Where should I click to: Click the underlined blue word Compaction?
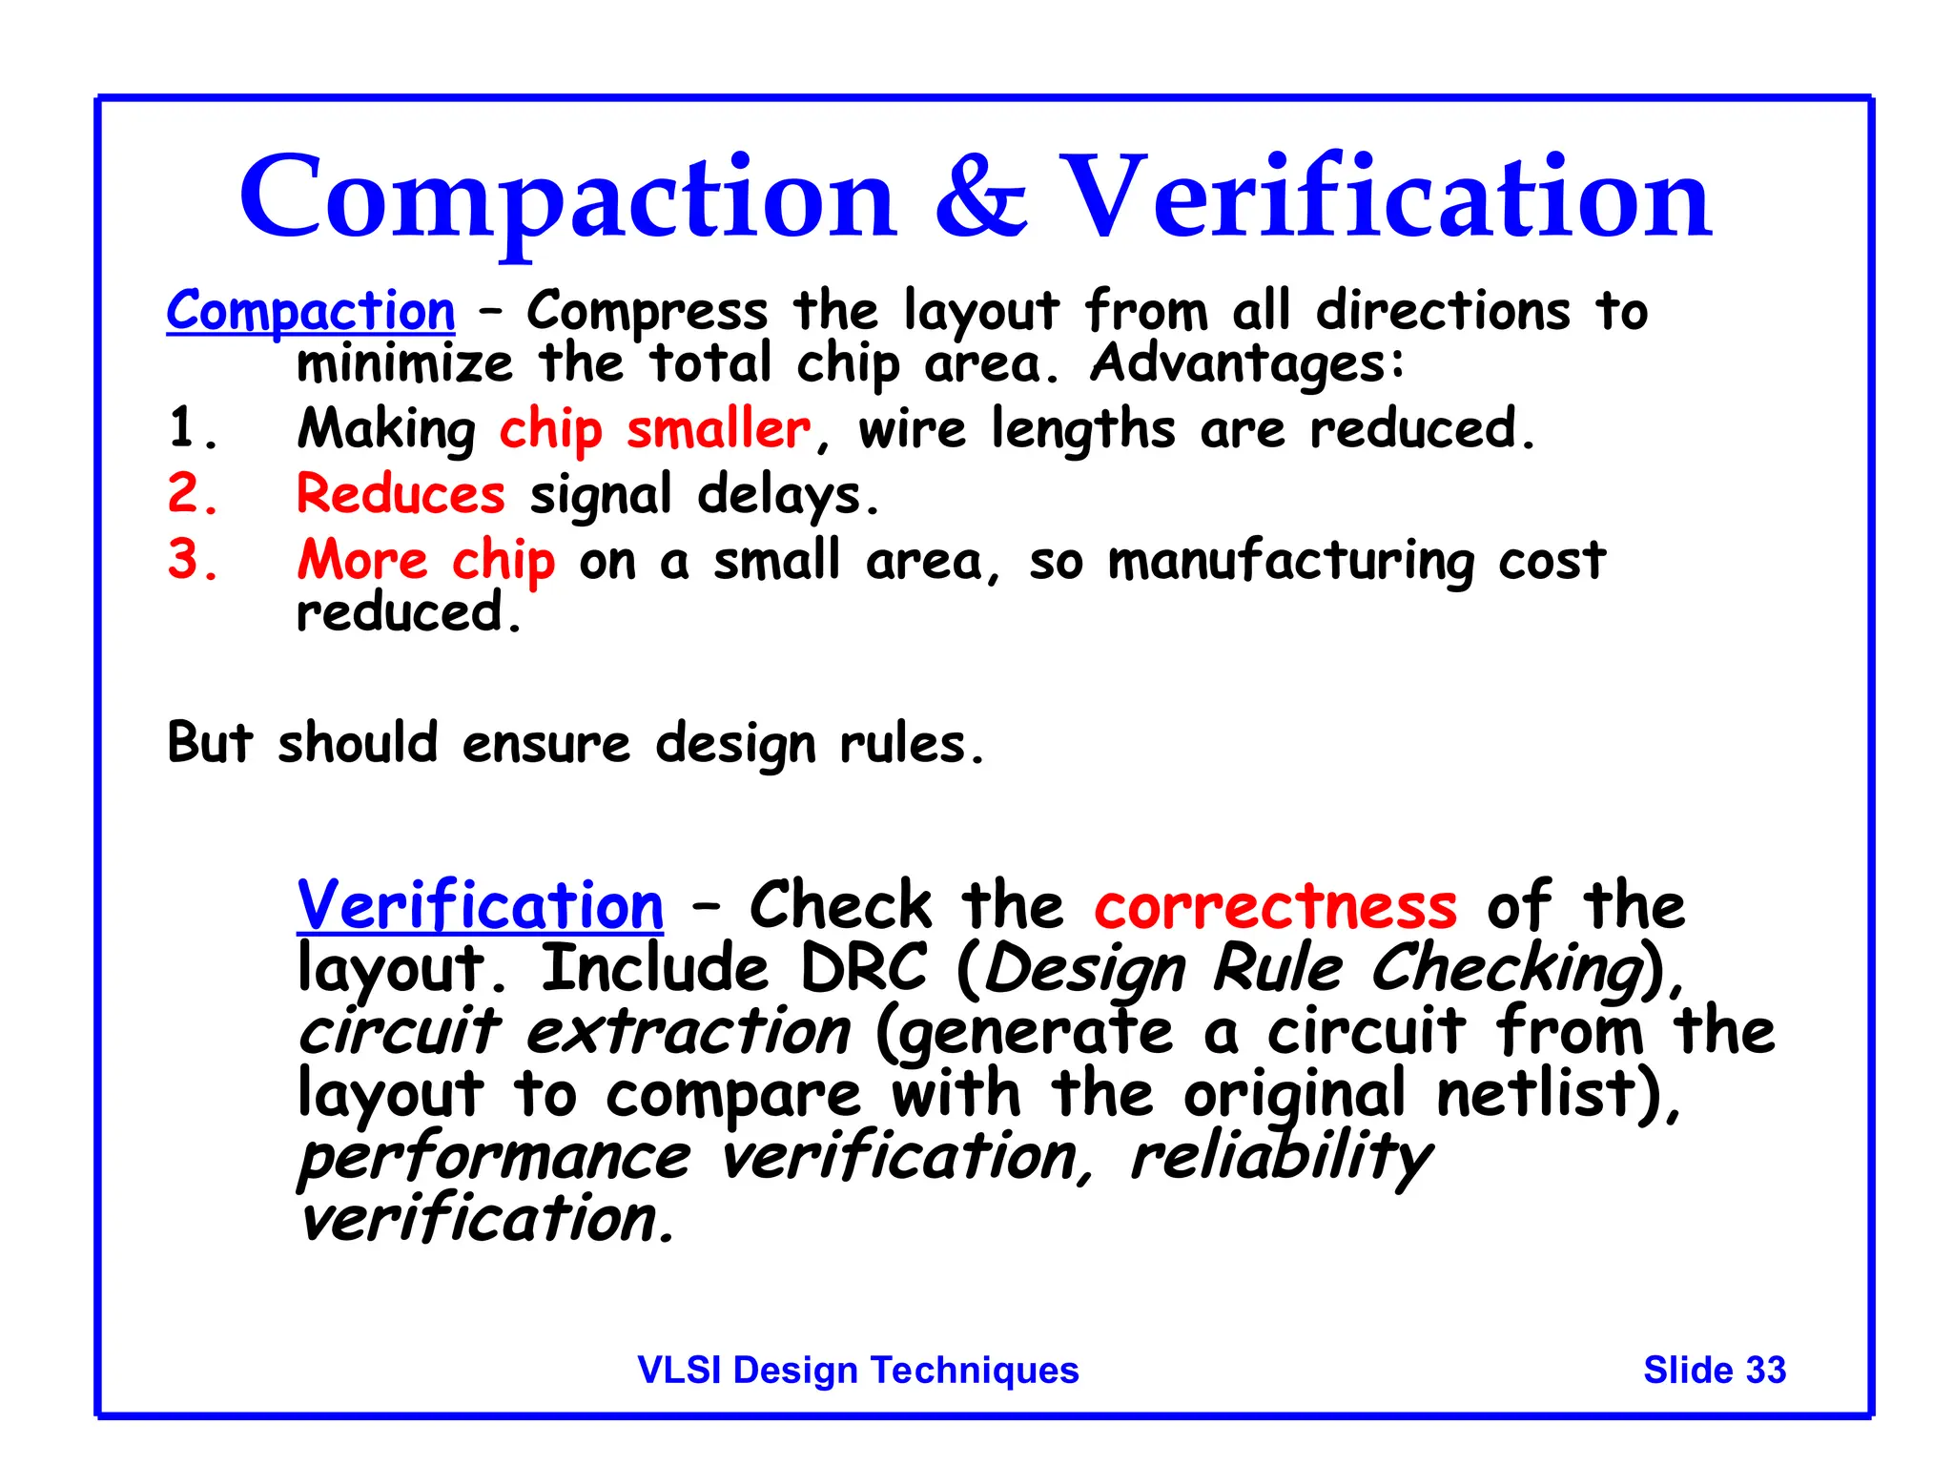[x=311, y=311]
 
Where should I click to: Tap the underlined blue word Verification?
[x=480, y=905]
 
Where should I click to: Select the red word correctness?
[x=1275, y=906]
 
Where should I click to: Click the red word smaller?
[x=718, y=428]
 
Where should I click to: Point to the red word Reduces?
[x=401, y=494]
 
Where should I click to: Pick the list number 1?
[x=191, y=428]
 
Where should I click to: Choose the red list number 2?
[x=191, y=494]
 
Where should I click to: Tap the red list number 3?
[x=191, y=560]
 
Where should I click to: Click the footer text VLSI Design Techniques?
[x=858, y=1370]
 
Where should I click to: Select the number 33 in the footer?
[x=1765, y=1370]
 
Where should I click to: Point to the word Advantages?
[x=1247, y=363]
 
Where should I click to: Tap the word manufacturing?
[x=1290, y=561]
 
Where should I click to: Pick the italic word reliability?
[x=1280, y=1158]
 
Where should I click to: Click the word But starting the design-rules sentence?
[x=210, y=743]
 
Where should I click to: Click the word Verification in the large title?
[x=1385, y=197]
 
